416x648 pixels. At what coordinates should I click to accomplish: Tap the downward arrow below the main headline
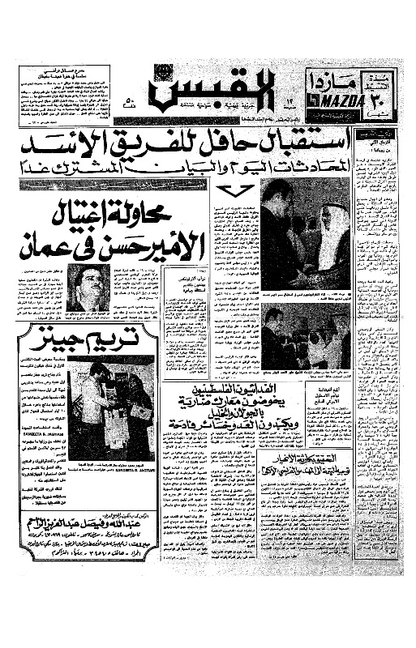pyautogui.click(x=231, y=193)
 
